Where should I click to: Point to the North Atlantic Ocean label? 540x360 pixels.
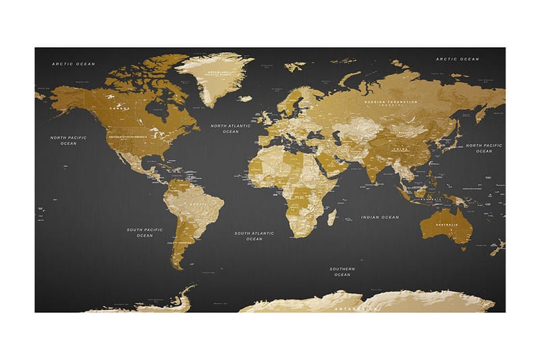[x=230, y=128]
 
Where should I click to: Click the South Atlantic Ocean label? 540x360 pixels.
[x=254, y=236]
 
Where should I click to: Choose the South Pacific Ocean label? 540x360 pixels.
[x=144, y=232]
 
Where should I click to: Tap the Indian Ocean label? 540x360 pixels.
[x=379, y=217]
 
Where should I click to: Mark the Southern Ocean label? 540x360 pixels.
[x=342, y=272]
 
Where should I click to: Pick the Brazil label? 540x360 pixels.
[x=199, y=204]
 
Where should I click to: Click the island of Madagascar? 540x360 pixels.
[x=331, y=217]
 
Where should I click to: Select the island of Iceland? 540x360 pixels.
[x=245, y=99]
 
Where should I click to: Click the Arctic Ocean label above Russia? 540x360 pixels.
[x=457, y=59]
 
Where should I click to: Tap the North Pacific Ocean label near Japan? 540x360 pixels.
[x=483, y=148]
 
